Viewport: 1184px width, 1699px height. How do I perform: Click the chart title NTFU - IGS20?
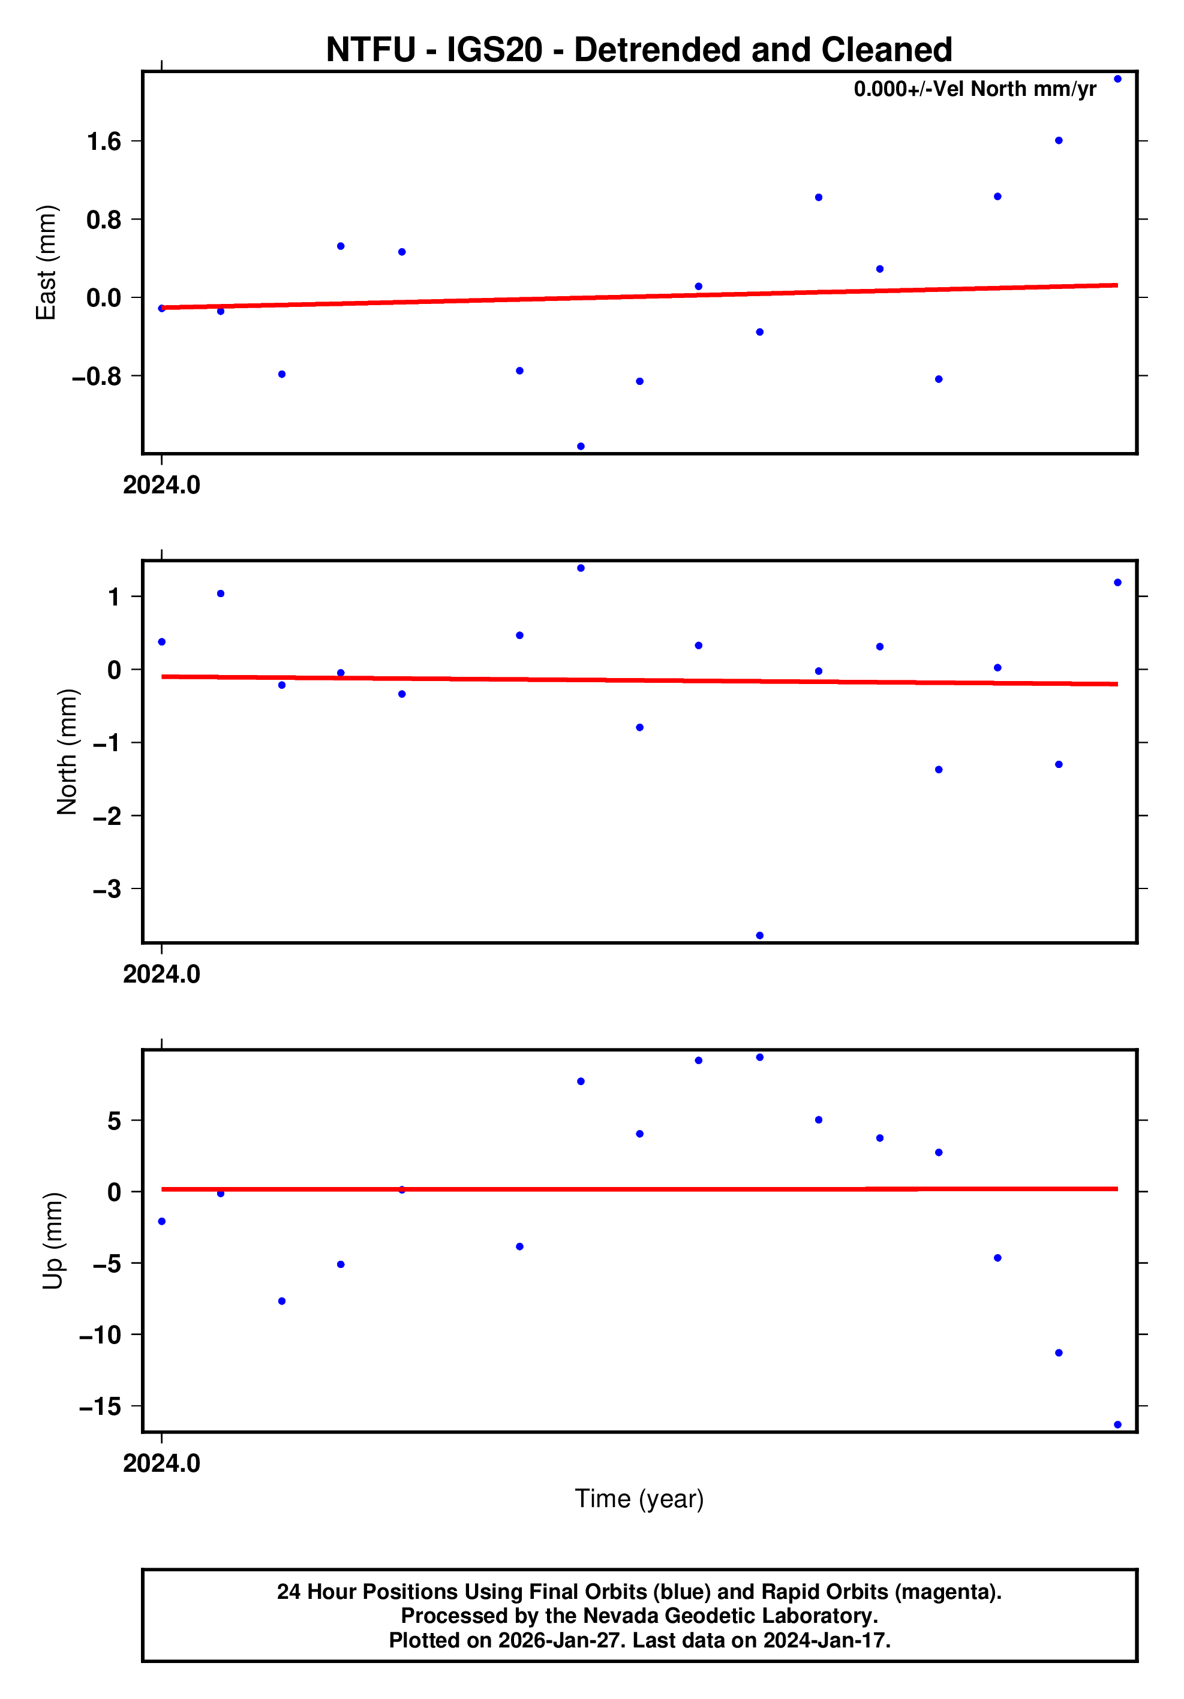coord(638,50)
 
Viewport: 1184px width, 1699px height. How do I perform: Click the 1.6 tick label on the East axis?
coord(104,141)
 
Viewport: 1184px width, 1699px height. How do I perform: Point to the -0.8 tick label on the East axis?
coord(96,376)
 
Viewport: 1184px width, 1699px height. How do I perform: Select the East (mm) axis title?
coord(46,263)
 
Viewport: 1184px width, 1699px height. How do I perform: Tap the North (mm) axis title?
coord(67,752)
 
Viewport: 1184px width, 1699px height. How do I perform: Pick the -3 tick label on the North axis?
coord(107,888)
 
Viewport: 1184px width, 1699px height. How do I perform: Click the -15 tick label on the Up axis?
coord(100,1406)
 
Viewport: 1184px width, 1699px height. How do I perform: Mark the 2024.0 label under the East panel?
coord(161,486)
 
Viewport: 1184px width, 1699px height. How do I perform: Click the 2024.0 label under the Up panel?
coord(161,1463)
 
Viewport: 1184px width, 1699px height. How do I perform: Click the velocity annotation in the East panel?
coord(975,89)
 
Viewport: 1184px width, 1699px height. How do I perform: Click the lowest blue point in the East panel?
coord(581,446)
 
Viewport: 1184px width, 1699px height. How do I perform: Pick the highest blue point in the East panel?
coord(1117,79)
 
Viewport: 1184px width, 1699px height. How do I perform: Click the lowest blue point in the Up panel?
coord(1117,1424)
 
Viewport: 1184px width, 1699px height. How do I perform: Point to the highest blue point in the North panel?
coord(581,568)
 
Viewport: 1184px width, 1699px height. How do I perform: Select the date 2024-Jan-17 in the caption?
coord(825,1640)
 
